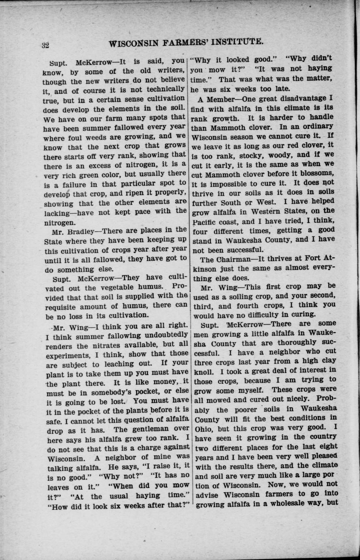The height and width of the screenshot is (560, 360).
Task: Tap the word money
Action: [162, 382]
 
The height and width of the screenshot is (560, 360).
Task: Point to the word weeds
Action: [96, 137]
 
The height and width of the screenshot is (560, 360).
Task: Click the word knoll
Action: [203, 371]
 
